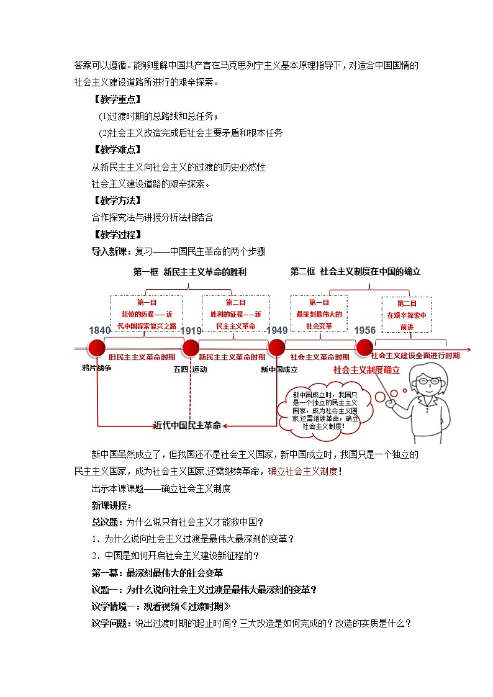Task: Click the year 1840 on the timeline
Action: (99, 330)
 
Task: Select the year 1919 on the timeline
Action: (191, 330)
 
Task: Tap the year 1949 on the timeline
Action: (277, 330)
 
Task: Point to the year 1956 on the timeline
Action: (365, 330)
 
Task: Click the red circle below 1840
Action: (98, 348)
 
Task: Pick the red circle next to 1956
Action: (364, 348)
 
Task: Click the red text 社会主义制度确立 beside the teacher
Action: (366, 370)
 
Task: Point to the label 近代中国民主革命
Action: (187, 425)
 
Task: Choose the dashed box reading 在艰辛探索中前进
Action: (407, 315)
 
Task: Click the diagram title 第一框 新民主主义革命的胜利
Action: (189, 272)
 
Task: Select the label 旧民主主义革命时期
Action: (142, 357)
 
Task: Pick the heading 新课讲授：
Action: (112, 505)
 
